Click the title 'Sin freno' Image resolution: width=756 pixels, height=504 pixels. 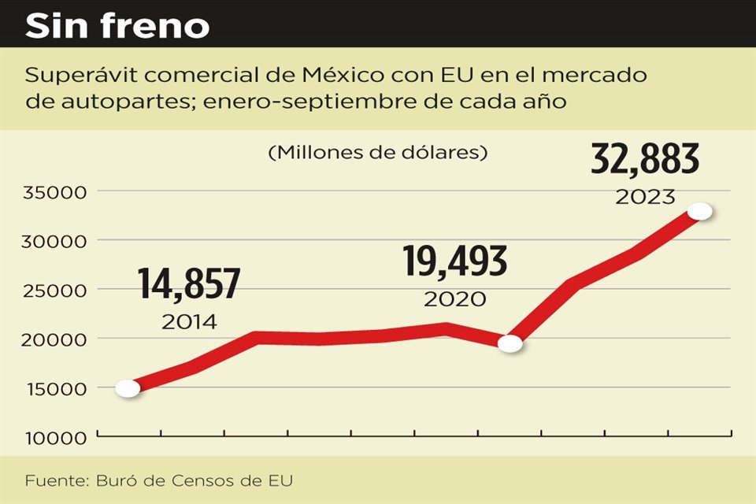(x=118, y=27)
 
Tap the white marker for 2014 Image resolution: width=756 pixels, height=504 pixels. (x=128, y=388)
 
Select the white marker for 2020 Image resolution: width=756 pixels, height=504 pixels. (x=510, y=343)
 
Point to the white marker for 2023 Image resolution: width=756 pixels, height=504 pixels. (x=700, y=212)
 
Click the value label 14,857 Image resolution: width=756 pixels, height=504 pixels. (x=189, y=284)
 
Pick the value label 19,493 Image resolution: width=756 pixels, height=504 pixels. (x=454, y=262)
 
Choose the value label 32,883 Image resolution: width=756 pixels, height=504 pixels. (x=645, y=161)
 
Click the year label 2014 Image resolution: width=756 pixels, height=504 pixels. (x=189, y=321)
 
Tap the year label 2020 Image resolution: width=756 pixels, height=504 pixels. (x=454, y=299)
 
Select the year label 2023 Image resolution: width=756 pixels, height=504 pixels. (x=645, y=197)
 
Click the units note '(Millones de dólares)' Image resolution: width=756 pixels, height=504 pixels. (x=377, y=153)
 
